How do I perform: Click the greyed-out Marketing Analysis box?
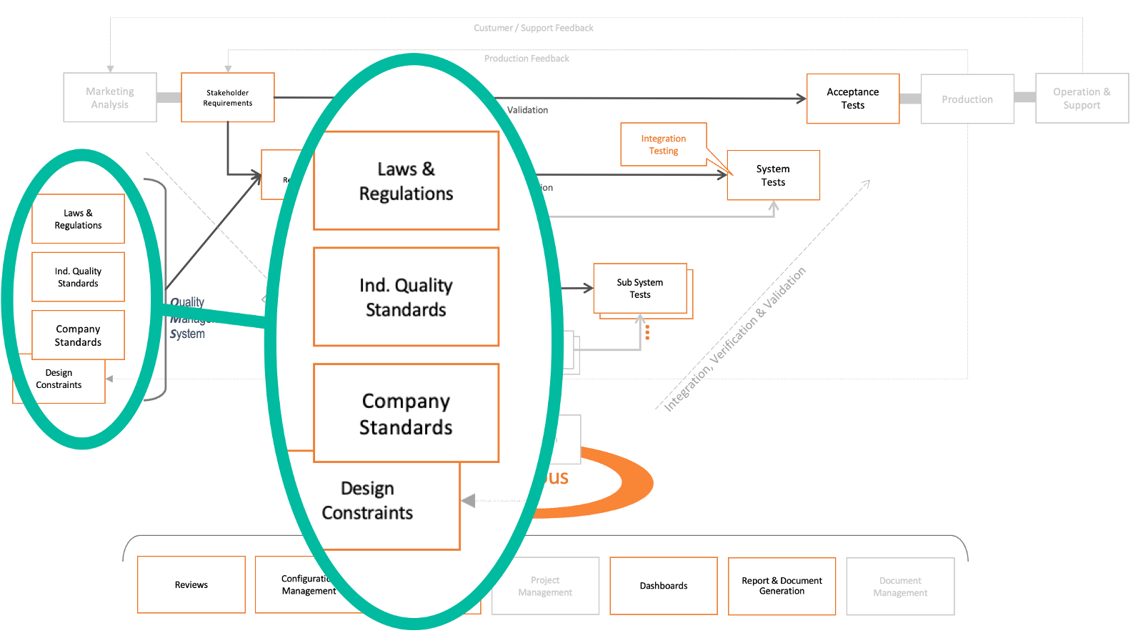pos(110,98)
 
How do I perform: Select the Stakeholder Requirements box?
pos(228,98)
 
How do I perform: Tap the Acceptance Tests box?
pos(853,99)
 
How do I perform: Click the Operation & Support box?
pos(1082,99)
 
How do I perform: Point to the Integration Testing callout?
pos(664,144)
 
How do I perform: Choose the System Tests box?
pos(773,175)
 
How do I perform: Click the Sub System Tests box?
pos(640,289)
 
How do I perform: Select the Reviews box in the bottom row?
pos(191,584)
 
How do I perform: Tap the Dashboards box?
pos(664,586)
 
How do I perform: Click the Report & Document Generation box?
pos(782,586)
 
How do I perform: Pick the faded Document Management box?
pos(900,587)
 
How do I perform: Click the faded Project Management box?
pos(545,587)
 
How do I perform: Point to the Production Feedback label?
pos(526,59)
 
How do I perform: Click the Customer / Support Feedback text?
pos(534,28)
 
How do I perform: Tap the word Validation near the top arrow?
pos(528,110)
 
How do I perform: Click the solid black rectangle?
pos(50,558)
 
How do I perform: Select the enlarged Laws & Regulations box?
pos(406,181)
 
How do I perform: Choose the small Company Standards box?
pos(79,335)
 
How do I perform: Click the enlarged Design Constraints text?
pos(367,500)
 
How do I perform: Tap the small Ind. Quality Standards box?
pos(79,277)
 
